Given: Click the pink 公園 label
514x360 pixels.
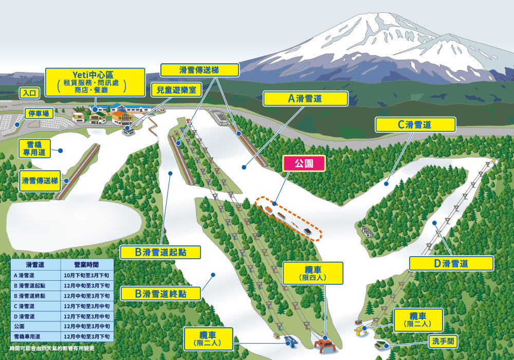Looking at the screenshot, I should click(304, 164).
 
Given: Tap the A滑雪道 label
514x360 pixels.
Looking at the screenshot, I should click(305, 99).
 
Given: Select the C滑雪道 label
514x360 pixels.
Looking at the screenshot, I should click(415, 124).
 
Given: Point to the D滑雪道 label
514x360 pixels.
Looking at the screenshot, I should click(451, 263).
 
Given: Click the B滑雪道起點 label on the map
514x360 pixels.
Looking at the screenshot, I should click(160, 253).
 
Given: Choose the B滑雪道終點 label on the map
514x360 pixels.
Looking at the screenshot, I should click(160, 294).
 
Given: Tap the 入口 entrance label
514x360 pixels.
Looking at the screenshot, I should click(28, 93).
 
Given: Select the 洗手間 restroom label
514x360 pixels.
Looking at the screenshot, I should click(443, 341).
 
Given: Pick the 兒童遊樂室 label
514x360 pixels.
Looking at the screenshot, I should click(177, 89).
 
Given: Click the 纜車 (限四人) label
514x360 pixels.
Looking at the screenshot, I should click(313, 273).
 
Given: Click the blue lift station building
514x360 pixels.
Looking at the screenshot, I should click(291, 341).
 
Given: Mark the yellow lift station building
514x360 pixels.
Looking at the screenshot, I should click(359, 329).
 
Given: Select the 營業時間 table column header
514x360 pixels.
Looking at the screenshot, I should click(86, 264).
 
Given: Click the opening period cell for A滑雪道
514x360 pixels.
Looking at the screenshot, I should click(86, 276).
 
